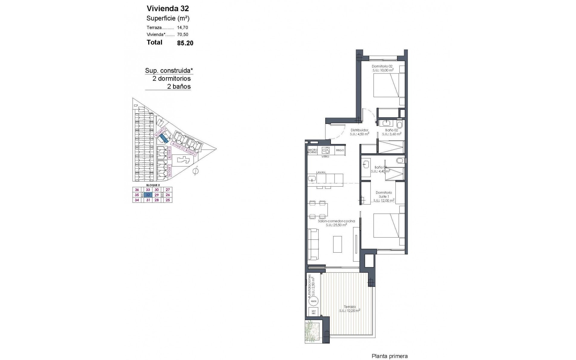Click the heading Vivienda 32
(168, 8)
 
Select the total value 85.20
(185, 43)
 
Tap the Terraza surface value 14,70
(182, 27)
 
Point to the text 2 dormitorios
(172, 79)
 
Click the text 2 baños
(179, 87)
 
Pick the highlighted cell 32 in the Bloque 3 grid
(148, 195)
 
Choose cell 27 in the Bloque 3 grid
(168, 190)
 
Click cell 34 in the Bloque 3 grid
(137, 200)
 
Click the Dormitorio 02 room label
(382, 66)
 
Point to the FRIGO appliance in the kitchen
(340, 150)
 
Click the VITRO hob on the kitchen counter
(325, 150)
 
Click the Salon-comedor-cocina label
(336, 221)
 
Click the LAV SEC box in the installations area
(313, 312)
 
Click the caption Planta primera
(389, 348)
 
